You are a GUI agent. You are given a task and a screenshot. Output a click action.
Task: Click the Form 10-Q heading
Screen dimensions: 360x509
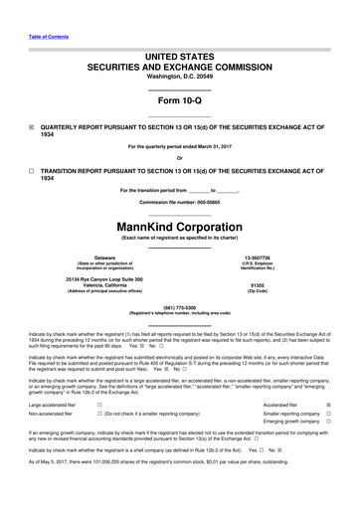point(180,102)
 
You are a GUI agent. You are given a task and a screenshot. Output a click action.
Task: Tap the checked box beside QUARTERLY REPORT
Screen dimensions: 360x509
point(32,128)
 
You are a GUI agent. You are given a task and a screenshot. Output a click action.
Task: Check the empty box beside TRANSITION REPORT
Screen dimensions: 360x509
point(32,170)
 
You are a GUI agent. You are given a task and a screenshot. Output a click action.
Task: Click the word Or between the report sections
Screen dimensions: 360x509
point(180,159)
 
